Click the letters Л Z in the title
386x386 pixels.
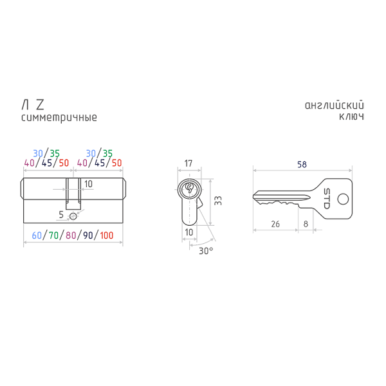point(33,105)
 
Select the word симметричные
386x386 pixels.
point(59,118)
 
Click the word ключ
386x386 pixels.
point(352,118)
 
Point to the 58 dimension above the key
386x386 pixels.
point(302,164)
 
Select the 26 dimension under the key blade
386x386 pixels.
point(275,224)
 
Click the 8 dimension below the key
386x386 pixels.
point(306,224)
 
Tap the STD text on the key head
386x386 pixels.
point(326,197)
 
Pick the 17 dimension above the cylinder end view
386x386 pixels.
point(188,164)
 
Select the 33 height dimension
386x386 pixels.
point(217,201)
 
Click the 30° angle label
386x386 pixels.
point(206,250)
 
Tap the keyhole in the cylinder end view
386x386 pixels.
point(189,190)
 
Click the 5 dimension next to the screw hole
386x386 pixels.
point(62,214)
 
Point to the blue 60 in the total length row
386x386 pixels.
point(37,235)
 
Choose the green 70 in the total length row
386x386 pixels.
point(53,235)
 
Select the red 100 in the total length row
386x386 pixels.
point(106,235)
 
